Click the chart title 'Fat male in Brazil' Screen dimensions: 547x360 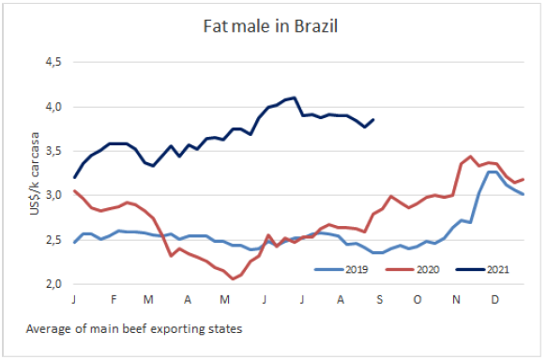coord(270,26)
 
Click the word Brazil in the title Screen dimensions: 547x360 coord(316,26)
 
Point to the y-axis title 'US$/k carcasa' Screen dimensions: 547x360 coord(35,173)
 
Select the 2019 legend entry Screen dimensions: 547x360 coord(342,269)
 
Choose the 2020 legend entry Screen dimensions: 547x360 coord(412,269)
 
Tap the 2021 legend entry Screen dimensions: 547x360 coord(482,269)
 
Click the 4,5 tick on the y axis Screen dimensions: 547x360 coord(53,62)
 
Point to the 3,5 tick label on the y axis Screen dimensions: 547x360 coord(53,151)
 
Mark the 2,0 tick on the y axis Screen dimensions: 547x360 coord(53,284)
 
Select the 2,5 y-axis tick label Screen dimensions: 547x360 coord(53,240)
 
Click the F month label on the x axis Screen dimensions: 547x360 coord(114,299)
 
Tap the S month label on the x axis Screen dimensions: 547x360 coord(380,299)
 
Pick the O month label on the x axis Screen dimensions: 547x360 coord(418,299)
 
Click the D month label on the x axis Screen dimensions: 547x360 coord(494,299)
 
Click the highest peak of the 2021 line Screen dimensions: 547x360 coord(295,97)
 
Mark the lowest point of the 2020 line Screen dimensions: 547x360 coord(233,278)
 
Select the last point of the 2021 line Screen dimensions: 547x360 coord(373,120)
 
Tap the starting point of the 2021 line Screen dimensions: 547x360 coord(74,178)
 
